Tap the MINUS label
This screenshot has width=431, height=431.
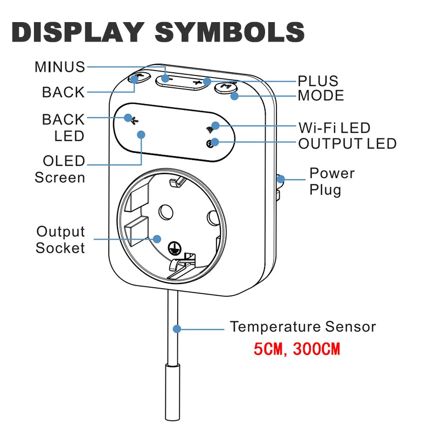coord(60,67)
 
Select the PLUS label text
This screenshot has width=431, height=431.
coord(318,81)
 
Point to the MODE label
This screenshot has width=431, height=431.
coord(321,96)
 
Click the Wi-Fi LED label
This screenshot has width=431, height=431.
coord(334,128)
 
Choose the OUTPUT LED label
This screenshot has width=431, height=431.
coord(347,144)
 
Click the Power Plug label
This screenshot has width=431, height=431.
coord(331,182)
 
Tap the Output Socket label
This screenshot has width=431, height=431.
coord(60,240)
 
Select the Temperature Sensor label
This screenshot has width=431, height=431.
coord(303,327)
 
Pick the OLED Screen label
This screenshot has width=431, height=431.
coord(60,169)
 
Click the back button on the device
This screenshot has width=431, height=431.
coord(140,78)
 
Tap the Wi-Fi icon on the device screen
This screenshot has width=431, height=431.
coord(211,129)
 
